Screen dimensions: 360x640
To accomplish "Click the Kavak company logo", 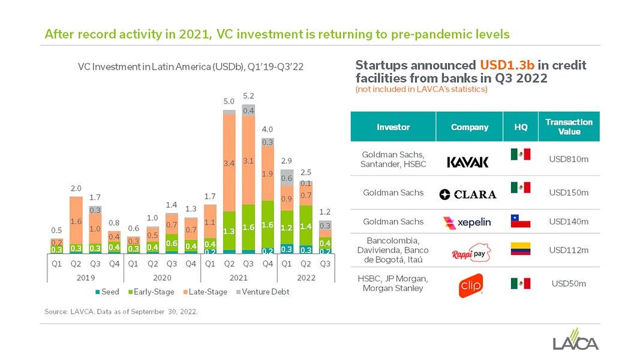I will pyautogui.click(x=468, y=162).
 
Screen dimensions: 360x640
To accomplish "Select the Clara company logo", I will pyautogui.click(x=468, y=194).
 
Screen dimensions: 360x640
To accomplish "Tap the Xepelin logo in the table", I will pyautogui.click(x=467, y=222).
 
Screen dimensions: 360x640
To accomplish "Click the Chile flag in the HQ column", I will pyautogui.click(x=520, y=221).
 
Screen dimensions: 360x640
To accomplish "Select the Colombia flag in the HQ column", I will pyautogui.click(x=520, y=249).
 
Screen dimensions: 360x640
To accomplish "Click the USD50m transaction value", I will pyautogui.click(x=569, y=284).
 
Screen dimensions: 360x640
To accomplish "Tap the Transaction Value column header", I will pyautogui.click(x=569, y=127).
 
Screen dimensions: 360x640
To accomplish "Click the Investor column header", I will pyautogui.click(x=393, y=127).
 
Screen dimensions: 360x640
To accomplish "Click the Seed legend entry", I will pyautogui.click(x=106, y=292).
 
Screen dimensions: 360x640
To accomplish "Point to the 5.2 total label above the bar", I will pyautogui.click(x=248, y=96).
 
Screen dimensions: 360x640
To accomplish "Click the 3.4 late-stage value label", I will pyautogui.click(x=229, y=163).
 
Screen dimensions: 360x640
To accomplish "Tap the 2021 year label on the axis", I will pyautogui.click(x=238, y=278).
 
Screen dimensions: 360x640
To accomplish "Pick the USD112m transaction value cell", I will pyautogui.click(x=569, y=250).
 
